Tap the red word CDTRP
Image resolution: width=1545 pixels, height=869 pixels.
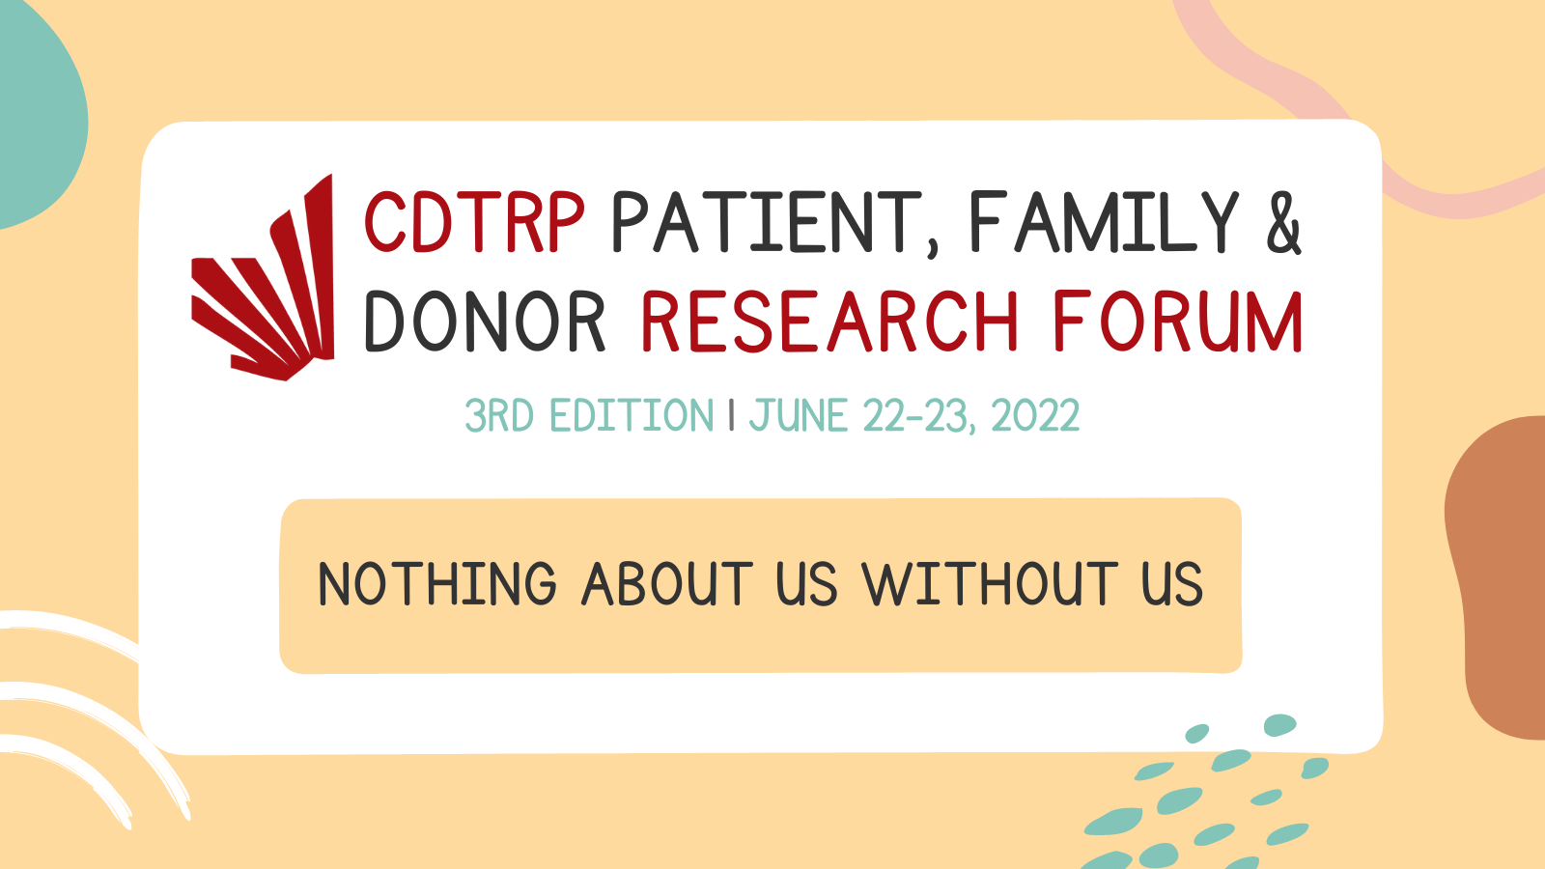pos(474,222)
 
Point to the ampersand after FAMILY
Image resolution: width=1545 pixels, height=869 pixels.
pos(1284,223)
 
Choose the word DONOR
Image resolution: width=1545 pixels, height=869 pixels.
pos(485,322)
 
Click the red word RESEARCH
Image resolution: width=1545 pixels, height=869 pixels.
pos(829,322)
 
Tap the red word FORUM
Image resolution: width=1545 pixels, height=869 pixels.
pos(1178,322)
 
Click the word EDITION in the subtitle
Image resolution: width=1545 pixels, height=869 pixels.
pos(632,415)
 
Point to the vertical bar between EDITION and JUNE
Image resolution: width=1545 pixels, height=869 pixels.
pos(731,415)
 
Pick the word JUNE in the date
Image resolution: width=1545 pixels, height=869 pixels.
pos(798,415)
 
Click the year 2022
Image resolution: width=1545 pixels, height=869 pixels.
pos(1035,415)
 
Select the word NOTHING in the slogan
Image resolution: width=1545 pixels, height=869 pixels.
pos(437,584)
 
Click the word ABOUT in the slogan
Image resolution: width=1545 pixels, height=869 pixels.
pos(667,584)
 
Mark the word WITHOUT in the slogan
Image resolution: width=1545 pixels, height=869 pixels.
pos(990,584)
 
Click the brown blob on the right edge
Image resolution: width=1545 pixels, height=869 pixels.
pos(1497,575)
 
